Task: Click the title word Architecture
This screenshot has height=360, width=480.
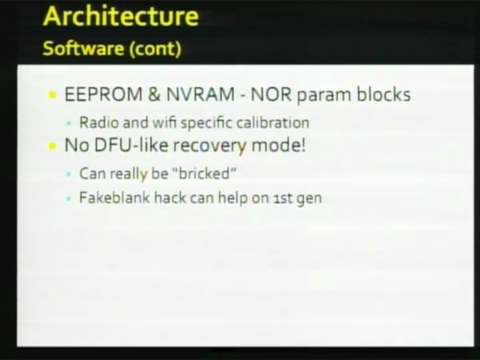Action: (122, 16)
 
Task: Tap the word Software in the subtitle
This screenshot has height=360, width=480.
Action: (83, 48)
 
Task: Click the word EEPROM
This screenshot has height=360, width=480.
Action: (103, 94)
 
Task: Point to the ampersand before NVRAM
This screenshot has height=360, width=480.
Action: (154, 94)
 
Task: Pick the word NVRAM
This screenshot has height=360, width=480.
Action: (201, 94)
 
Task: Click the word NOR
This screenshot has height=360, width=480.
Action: (271, 94)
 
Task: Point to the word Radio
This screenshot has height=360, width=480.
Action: (99, 122)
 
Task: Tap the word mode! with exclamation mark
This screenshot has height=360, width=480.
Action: (278, 145)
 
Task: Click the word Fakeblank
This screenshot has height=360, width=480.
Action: (114, 198)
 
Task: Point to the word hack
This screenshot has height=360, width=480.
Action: (170, 198)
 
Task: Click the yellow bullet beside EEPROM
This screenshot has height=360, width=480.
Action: (52, 95)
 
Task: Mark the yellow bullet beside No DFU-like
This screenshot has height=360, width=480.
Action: (52, 146)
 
